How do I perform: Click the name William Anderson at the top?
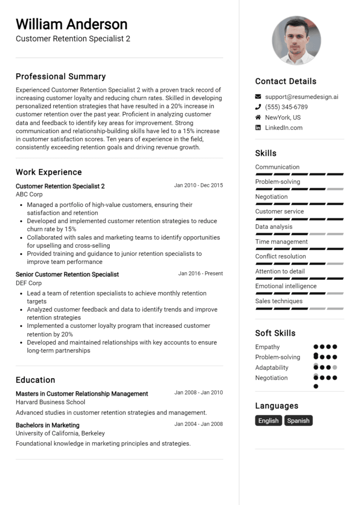71,24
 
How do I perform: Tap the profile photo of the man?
296,40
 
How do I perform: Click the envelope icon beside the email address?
258,97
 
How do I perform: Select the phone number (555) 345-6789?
286,107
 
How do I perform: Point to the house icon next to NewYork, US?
258,118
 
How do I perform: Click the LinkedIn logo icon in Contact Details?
258,128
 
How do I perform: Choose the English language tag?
269,421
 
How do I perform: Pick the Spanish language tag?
298,421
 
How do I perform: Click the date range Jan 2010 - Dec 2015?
198,186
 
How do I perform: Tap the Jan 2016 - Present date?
200,274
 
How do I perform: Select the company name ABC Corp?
29,194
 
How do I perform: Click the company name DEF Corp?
29,283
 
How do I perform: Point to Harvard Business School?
51,402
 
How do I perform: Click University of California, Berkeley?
60,433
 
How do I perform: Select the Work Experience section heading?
49,172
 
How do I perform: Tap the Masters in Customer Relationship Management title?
82,394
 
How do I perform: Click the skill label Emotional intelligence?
286,286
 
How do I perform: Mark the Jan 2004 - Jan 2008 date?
198,424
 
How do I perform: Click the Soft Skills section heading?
275,333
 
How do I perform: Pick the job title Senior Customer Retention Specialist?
67,275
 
